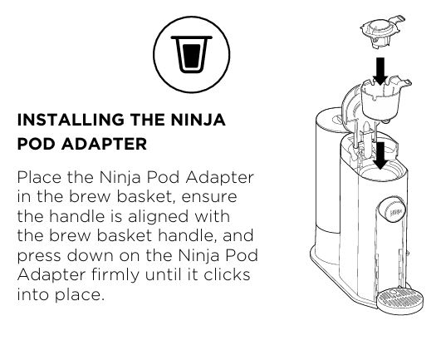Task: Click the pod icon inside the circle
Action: click(191, 54)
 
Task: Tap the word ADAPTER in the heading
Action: click(104, 144)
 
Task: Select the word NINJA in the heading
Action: click(198, 120)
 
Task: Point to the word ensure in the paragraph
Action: click(209, 197)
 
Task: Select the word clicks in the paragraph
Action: click(227, 274)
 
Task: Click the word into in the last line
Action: click(33, 294)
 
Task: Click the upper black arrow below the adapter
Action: click(380, 72)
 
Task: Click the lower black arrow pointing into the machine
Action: click(380, 155)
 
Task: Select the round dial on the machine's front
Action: click(390, 210)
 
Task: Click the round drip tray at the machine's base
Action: click(400, 302)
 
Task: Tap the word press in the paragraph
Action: click(39, 256)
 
